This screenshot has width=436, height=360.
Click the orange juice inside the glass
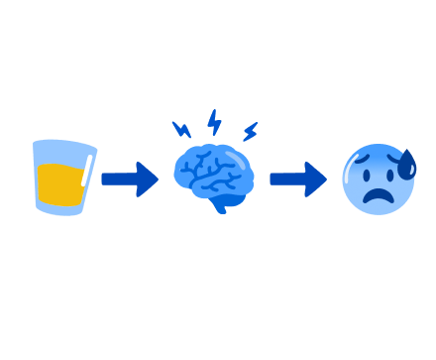59,184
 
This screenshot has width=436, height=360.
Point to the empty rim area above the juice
61,152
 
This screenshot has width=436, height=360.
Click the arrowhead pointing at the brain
148,180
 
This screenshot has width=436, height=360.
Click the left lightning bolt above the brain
181,129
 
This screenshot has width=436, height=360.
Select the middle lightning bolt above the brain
214,122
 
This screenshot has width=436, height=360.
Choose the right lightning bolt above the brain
250,131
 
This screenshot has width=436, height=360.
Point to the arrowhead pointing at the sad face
316,180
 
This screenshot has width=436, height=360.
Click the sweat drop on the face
406,165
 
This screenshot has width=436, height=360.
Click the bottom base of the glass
63,210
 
